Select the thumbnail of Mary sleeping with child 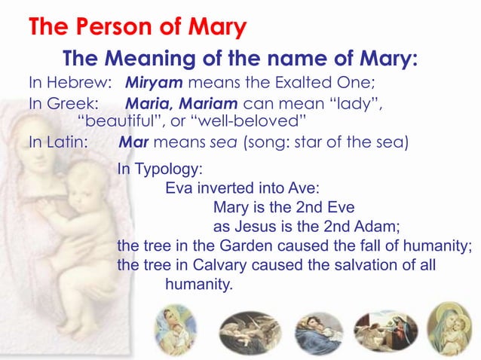318,331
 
